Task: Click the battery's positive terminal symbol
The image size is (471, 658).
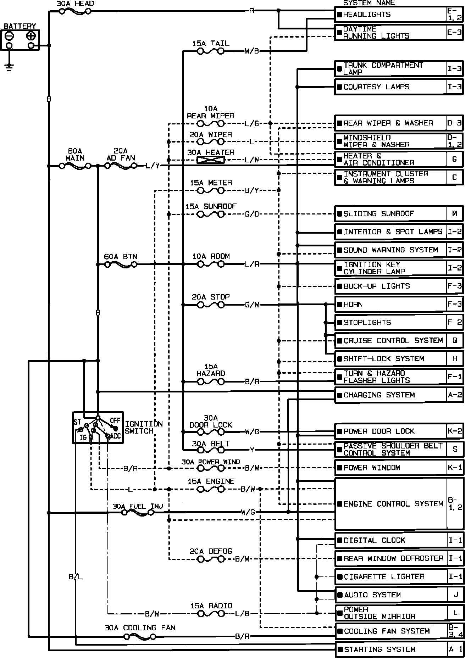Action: pyautogui.click(x=31, y=35)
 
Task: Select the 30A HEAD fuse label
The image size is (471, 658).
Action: pyautogui.click(x=75, y=4)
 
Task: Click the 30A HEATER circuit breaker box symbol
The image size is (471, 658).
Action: pyautogui.click(x=211, y=160)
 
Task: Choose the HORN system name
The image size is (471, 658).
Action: pyautogui.click(x=353, y=305)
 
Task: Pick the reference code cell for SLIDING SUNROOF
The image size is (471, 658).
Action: pyautogui.click(x=455, y=214)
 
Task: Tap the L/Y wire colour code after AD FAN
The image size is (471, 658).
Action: pyautogui.click(x=153, y=166)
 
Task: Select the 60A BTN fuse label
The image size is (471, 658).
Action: pyautogui.click(x=121, y=257)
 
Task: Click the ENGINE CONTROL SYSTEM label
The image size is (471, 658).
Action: pyautogui.click(x=393, y=504)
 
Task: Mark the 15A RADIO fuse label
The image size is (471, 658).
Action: pyautogui.click(x=211, y=606)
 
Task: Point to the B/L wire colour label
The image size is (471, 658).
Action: pyautogui.click(x=76, y=577)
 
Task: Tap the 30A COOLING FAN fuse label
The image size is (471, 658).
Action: pyautogui.click(x=140, y=628)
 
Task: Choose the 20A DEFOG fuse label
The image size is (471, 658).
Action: pyautogui.click(x=211, y=551)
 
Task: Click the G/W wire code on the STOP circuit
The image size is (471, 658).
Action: pyautogui.click(x=252, y=305)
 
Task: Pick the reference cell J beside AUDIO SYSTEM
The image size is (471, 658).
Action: pyautogui.click(x=455, y=595)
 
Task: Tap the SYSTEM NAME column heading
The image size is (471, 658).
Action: pyautogui.click(x=369, y=3)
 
